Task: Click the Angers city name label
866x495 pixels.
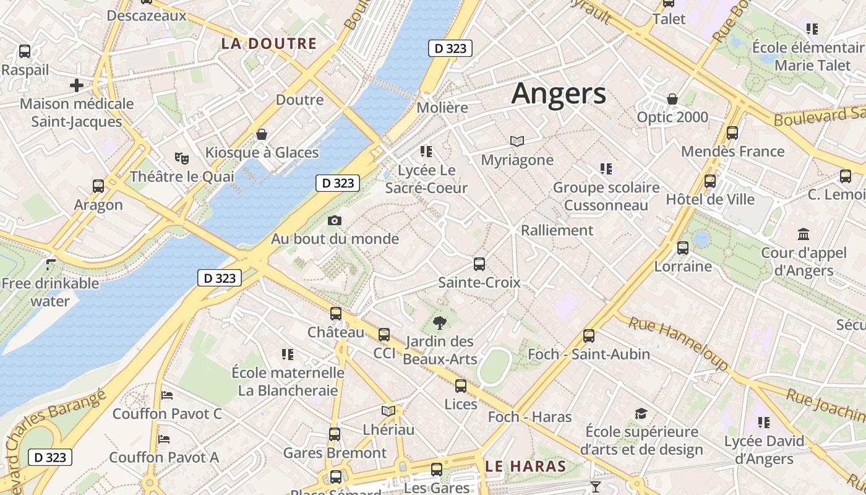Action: (559, 93)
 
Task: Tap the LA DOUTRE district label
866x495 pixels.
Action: (269, 44)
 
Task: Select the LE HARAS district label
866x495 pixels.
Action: (526, 466)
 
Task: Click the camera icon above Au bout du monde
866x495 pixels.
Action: (335, 220)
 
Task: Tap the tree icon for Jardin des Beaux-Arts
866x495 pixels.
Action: (440, 322)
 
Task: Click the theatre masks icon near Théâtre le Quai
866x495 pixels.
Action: (181, 158)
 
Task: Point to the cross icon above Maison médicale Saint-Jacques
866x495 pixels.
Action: (77, 85)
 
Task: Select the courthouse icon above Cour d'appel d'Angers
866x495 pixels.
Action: (804, 234)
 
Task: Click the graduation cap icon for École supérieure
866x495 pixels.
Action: (641, 413)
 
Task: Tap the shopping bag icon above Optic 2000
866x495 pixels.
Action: (672, 99)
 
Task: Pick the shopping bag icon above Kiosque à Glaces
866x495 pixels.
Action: (262, 134)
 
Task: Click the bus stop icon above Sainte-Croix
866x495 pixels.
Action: (479, 264)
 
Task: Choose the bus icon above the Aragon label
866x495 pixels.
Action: (98, 186)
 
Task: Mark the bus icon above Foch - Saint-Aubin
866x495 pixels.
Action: (589, 336)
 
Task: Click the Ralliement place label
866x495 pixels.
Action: (557, 230)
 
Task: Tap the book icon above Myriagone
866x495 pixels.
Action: (517, 142)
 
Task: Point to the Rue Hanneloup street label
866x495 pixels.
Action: (679, 343)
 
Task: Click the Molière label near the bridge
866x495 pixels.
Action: (442, 107)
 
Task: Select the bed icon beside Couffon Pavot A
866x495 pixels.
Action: (164, 439)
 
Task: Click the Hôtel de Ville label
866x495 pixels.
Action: (710, 199)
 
